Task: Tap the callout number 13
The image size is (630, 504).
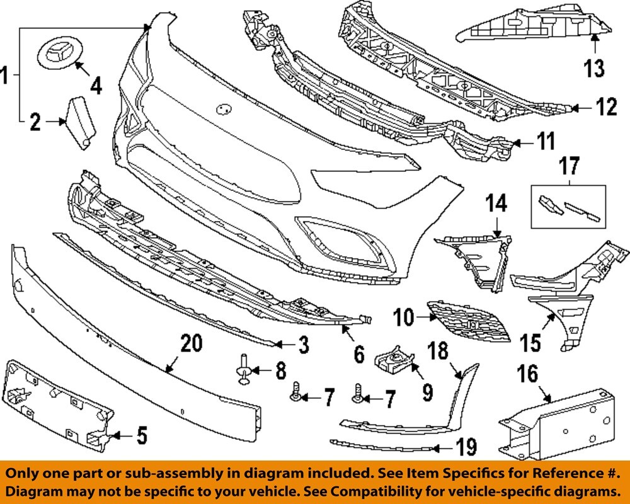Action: pos(595,67)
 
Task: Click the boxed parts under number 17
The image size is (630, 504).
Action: pos(570,207)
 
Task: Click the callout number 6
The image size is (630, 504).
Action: pos(358,354)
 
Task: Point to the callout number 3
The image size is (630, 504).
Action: pos(303,345)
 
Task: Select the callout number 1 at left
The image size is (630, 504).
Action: pos(6,77)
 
